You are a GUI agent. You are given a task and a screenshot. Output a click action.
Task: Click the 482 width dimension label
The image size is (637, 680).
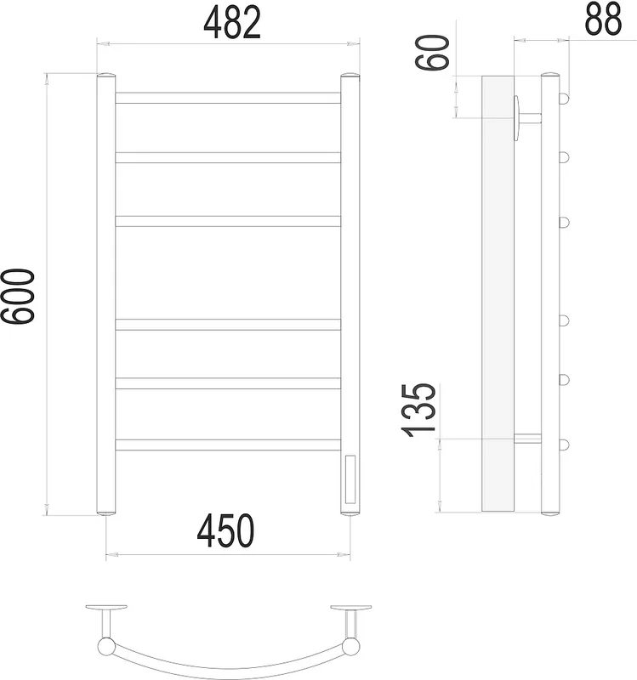click(232, 23)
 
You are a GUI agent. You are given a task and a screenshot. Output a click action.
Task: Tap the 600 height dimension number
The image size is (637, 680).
click(18, 297)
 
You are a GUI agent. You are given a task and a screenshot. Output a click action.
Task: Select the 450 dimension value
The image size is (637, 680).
click(225, 530)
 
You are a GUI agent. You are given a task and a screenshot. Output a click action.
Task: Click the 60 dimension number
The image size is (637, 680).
click(432, 53)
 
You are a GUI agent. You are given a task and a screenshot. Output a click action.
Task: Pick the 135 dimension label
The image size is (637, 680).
click(418, 411)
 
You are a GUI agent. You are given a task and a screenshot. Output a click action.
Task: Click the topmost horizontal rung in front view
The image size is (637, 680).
click(228, 98)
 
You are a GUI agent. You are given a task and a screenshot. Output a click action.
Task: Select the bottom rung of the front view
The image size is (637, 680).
click(228, 445)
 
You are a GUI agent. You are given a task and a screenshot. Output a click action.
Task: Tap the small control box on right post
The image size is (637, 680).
click(350, 479)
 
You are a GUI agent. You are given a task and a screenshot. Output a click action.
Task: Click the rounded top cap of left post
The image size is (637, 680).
click(105, 76)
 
